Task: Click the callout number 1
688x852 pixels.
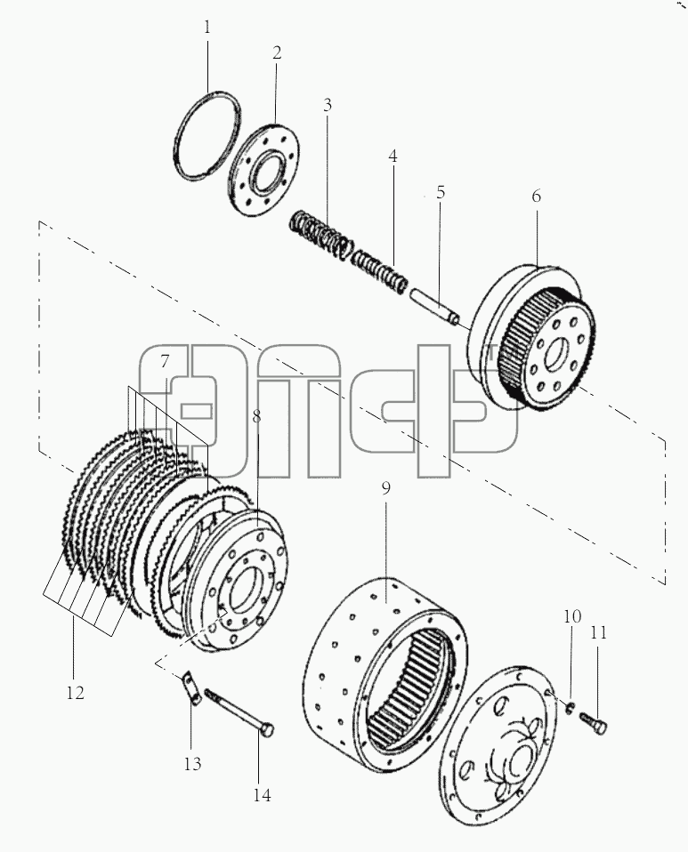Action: click(206, 28)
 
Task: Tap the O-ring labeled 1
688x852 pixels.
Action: click(177, 147)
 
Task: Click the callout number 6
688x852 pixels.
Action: click(537, 197)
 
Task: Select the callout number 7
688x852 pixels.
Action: click(165, 361)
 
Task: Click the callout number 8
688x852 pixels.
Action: click(256, 416)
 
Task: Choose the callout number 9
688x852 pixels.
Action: click(385, 489)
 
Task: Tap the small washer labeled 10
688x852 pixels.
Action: click(571, 706)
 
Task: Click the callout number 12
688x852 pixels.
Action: click(76, 693)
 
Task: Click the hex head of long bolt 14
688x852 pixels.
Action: click(266, 730)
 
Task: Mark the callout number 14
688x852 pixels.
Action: click(262, 795)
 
